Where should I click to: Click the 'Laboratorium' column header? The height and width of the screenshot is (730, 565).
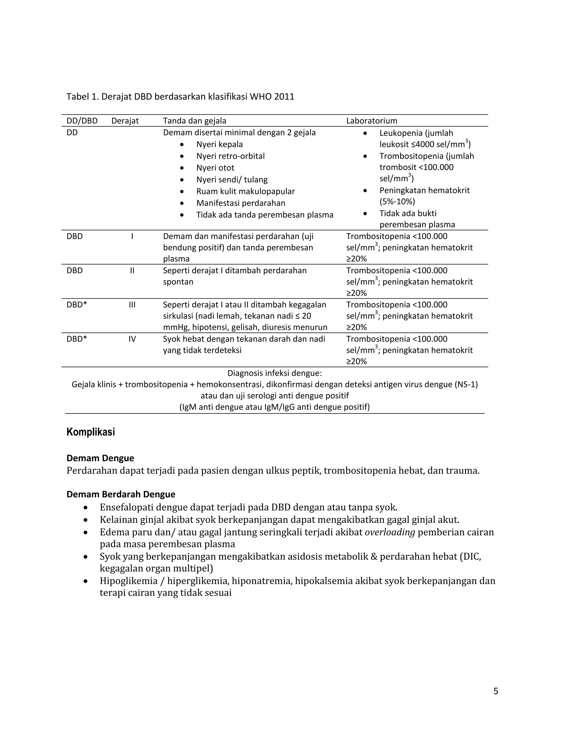point(372,121)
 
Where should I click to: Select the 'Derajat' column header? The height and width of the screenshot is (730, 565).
point(125,121)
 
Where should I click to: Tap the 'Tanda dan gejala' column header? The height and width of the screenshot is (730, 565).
point(194,121)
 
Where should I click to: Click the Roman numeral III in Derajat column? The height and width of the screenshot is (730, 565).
point(132,304)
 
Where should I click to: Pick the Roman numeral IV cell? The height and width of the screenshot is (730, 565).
point(132,339)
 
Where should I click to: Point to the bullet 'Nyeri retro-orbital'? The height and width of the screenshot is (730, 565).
point(230,156)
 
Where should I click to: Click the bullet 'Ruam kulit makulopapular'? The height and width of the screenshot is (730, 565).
point(245,191)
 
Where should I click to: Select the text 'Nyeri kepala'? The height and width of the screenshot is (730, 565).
point(219,144)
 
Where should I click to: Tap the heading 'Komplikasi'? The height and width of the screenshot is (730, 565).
point(90,432)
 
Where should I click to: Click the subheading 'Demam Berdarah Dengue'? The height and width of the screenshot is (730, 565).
point(121,494)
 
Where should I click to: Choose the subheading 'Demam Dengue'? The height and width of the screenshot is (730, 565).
point(100,458)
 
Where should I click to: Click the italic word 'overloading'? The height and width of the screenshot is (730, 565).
point(390,532)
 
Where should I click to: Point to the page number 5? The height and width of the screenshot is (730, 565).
point(496,691)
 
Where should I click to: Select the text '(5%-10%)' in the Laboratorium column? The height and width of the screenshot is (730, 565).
point(397,202)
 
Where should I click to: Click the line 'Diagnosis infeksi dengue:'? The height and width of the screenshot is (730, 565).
point(274,373)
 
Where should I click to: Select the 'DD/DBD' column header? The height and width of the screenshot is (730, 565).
point(82,121)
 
